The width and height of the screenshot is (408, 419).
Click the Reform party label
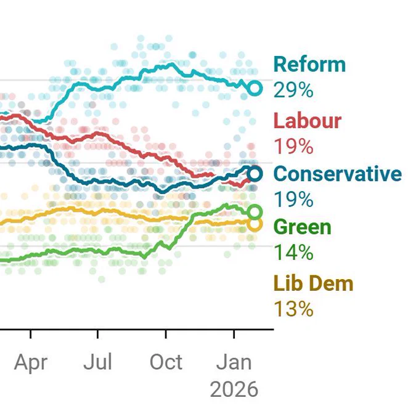(309, 64)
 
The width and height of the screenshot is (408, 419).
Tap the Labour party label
(307, 121)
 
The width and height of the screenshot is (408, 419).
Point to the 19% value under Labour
(293, 147)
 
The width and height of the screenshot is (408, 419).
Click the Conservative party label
(337, 174)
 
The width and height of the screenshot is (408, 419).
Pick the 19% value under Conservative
(293, 200)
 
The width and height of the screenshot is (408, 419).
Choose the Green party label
(302, 227)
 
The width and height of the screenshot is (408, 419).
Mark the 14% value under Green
(293, 253)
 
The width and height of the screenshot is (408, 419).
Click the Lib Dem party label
(313, 283)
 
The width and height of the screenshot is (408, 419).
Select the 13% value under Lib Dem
(293, 308)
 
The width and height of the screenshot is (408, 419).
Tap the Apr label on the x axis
(31, 362)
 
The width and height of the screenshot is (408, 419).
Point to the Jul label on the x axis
(98, 362)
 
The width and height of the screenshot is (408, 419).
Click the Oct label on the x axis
(166, 362)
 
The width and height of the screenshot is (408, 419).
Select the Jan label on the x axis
(234, 362)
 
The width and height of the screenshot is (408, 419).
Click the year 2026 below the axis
(234, 389)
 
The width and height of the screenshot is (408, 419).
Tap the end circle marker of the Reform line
(255, 89)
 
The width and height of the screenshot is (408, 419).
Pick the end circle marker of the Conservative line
(255, 174)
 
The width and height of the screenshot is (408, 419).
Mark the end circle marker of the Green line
(255, 213)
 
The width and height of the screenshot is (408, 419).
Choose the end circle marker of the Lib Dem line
(255, 224)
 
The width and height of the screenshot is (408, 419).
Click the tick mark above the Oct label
(166, 335)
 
